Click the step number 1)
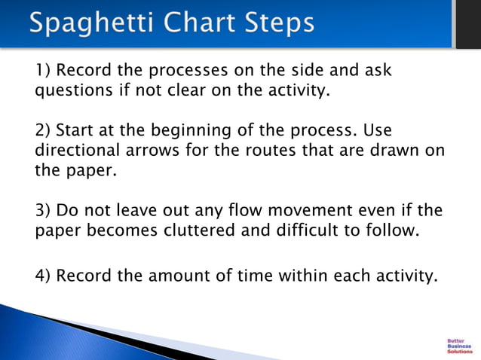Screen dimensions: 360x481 click(44, 71)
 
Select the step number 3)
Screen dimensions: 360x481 click(44, 209)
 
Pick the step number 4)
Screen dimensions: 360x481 click(44, 276)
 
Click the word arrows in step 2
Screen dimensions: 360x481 click(152, 150)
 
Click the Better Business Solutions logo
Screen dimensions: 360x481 click(460, 345)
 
